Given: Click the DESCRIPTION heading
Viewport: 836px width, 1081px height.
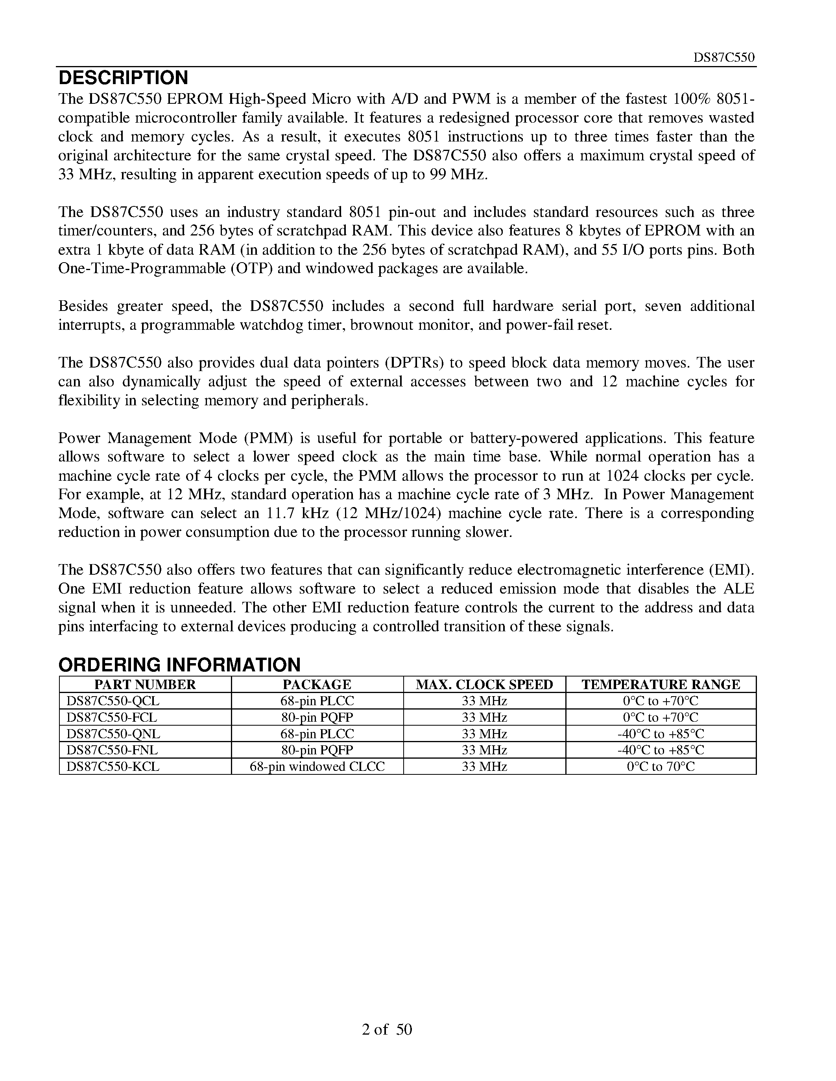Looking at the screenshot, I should [x=123, y=78].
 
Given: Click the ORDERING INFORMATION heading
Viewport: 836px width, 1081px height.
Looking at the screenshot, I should [x=179, y=665].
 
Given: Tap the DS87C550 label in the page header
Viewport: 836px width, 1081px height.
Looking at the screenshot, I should [x=723, y=58].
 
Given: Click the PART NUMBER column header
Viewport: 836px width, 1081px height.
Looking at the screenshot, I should [x=145, y=684].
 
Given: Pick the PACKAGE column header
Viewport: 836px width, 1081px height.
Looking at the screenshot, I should [x=317, y=684].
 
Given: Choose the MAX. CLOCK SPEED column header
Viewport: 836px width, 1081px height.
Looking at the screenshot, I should [x=484, y=684].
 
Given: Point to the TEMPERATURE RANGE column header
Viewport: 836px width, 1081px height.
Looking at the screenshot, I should [x=660, y=684].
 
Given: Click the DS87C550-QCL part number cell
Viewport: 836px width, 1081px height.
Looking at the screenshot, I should [x=113, y=701].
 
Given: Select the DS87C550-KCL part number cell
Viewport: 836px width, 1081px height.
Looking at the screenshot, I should [x=113, y=766].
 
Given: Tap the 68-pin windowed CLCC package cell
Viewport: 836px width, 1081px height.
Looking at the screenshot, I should [x=317, y=766].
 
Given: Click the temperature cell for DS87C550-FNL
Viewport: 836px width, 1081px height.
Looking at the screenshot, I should [x=660, y=750].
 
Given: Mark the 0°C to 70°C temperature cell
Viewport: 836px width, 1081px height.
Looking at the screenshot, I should [x=660, y=766].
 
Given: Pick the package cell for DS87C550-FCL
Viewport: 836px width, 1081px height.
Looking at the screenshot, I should [x=317, y=717].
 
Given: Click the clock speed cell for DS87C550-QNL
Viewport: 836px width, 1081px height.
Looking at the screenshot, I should [x=484, y=734].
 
